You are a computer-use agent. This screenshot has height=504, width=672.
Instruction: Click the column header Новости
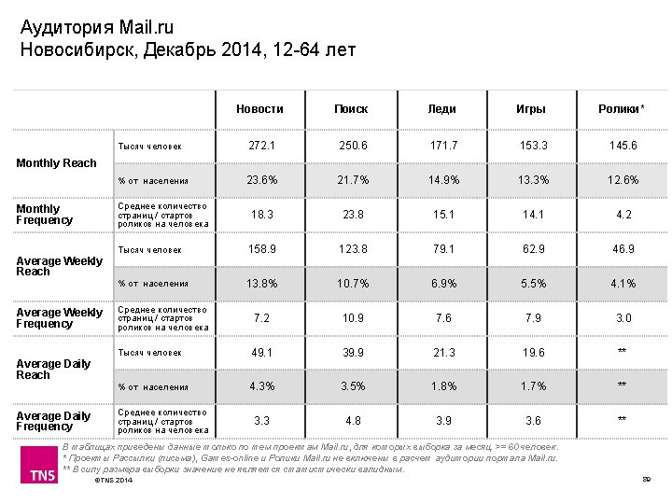259,109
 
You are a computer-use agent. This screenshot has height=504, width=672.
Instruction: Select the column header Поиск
351,109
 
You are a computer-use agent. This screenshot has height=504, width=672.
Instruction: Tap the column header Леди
441,109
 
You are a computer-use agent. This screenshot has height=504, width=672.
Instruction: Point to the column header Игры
531,109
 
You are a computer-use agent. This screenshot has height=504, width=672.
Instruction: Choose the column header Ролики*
622,109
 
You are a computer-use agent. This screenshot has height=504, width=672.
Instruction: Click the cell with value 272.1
261,147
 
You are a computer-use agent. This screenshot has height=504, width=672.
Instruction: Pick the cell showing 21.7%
352,180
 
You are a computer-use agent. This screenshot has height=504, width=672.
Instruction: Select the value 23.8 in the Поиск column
352,214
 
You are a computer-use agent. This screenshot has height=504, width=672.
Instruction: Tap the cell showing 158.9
261,249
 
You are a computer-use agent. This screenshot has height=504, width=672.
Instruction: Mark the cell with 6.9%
441,284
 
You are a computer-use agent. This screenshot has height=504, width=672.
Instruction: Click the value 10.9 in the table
352,318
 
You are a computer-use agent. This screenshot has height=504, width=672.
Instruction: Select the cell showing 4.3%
261,386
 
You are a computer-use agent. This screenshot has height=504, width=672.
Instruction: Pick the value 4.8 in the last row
352,421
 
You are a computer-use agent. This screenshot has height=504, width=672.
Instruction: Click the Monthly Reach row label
57,163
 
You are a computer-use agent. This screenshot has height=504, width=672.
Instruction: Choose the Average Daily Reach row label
53,369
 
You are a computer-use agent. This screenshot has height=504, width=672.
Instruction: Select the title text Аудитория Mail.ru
97,27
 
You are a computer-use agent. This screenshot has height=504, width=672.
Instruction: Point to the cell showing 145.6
622,147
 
